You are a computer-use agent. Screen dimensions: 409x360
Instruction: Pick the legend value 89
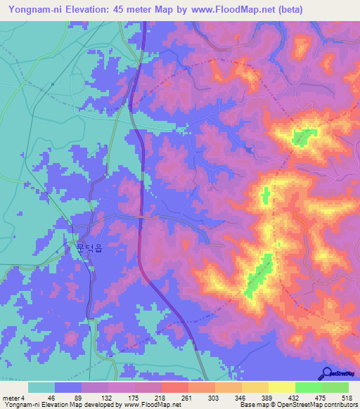(x=77, y=397)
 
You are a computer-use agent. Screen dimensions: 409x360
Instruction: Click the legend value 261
(x=186, y=397)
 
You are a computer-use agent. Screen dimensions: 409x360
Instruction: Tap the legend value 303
(x=213, y=397)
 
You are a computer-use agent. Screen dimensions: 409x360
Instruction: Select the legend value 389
(x=268, y=397)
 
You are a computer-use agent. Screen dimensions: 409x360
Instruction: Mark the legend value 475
(x=322, y=397)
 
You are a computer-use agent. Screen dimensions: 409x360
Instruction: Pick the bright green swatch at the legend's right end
(x=335, y=387)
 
